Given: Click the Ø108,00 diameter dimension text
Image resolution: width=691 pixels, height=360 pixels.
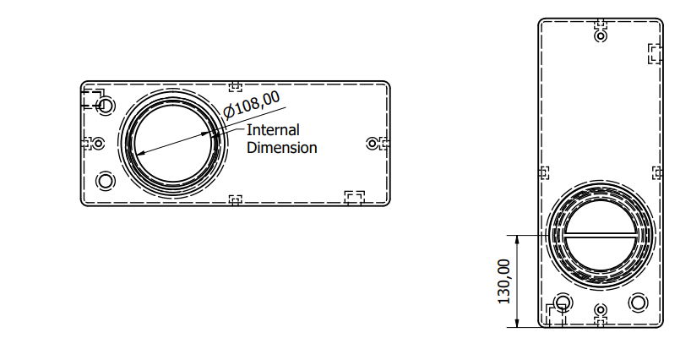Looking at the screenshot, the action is (252, 105).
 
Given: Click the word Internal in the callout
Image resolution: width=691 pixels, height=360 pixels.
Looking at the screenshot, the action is (273, 130).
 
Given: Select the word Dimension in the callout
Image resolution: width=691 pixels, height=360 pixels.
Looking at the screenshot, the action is (281, 147).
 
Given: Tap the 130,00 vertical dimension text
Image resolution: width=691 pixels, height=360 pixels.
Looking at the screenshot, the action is (503, 281).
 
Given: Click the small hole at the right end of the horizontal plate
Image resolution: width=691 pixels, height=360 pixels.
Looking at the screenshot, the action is (373, 143).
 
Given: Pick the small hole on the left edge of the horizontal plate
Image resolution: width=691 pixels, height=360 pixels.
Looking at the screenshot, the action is (99, 143).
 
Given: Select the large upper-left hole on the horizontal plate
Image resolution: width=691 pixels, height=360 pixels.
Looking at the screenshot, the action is (106, 106).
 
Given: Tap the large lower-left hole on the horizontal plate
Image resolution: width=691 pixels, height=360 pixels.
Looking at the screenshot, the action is (106, 181).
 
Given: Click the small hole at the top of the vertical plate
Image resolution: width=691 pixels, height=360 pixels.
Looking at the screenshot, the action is (601, 35).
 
